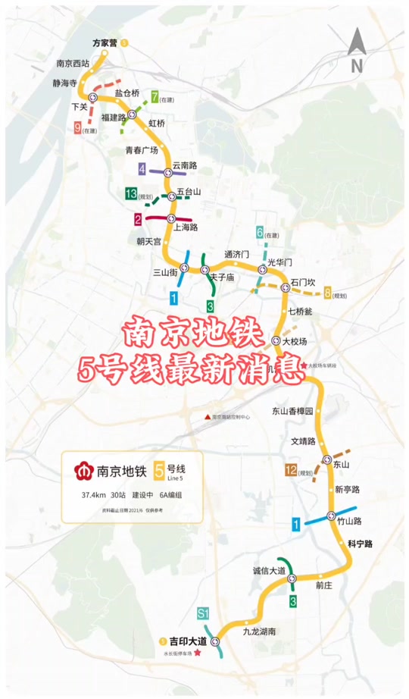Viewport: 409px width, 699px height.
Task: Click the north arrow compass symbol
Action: [x=356, y=52]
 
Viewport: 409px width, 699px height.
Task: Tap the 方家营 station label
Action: [x=105, y=43]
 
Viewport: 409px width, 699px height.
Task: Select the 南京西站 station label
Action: [x=73, y=64]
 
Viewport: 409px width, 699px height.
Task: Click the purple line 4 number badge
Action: [x=142, y=168]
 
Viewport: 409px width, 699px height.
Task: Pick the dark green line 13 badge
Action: [x=131, y=194]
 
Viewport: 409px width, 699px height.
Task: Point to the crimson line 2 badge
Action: [x=138, y=220]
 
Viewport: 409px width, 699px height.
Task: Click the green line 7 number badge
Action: [x=155, y=97]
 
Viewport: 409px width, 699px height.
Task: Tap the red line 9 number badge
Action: [x=77, y=128]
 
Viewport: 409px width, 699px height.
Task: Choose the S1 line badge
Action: [x=202, y=613]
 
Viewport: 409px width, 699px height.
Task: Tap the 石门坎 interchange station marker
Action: [x=286, y=287]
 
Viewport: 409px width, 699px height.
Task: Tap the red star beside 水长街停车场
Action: [x=198, y=654]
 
